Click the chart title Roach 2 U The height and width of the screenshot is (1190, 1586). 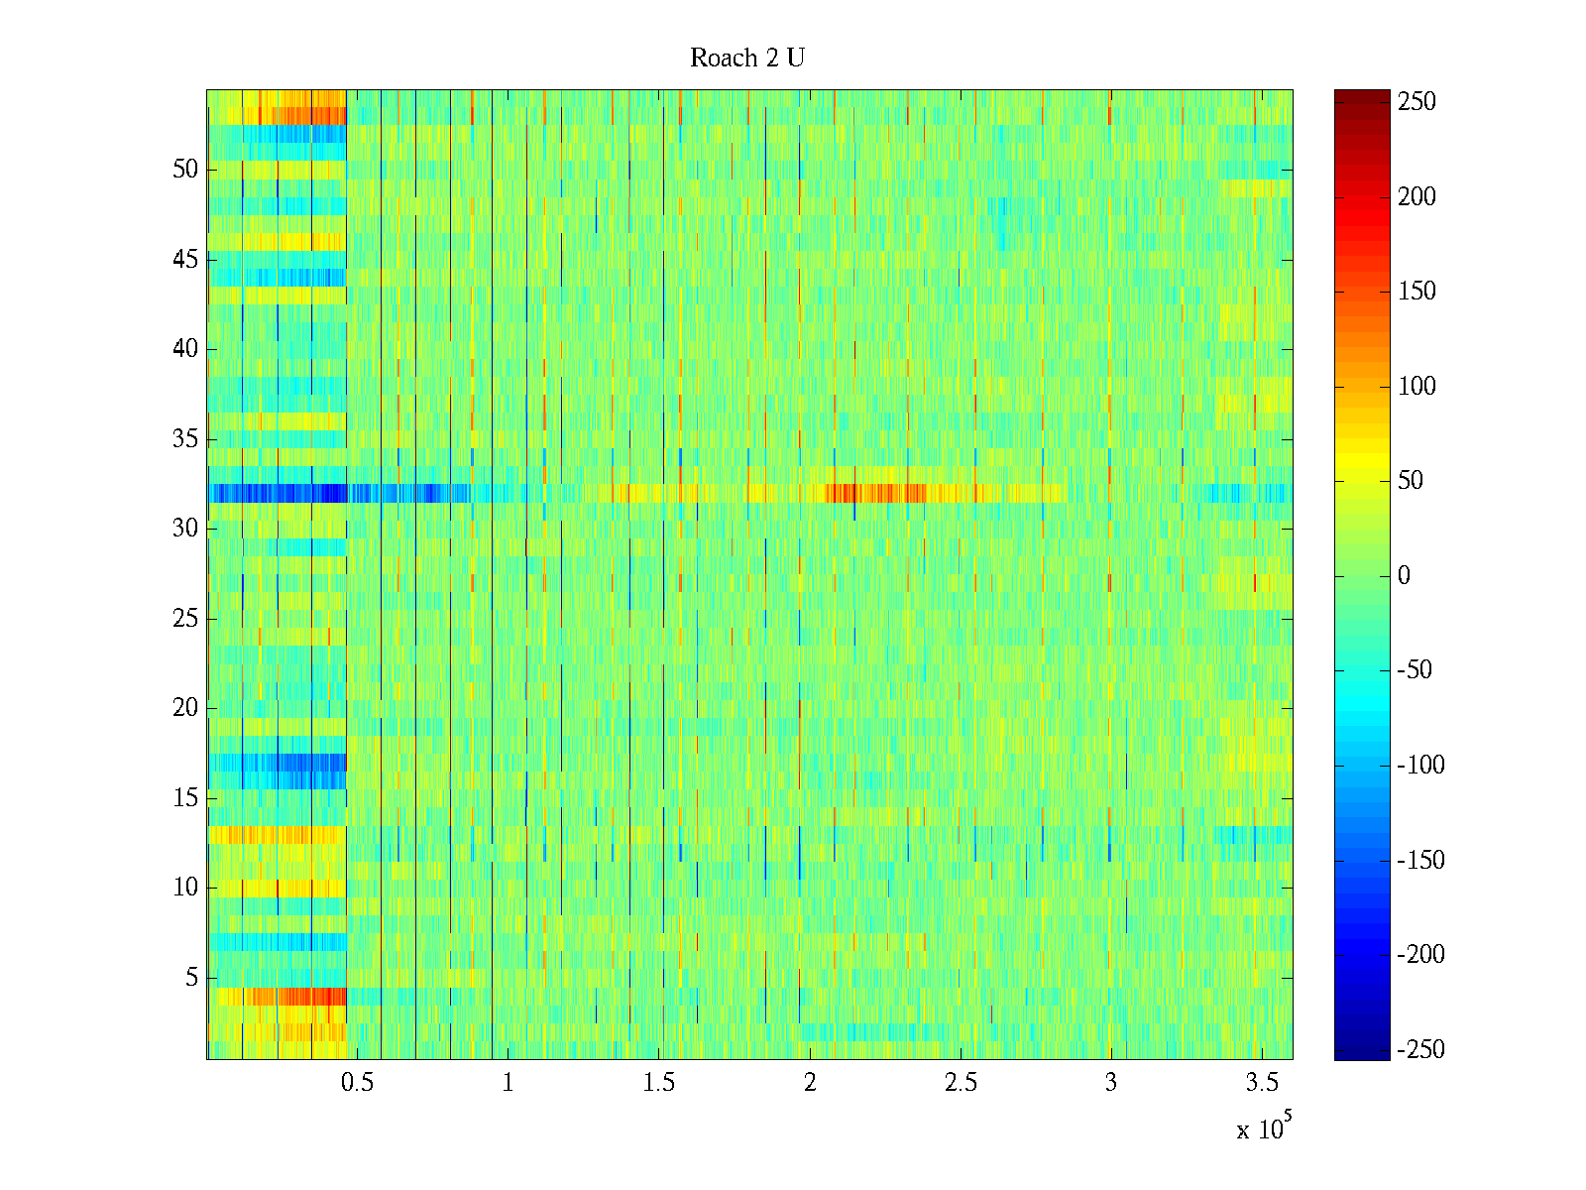coord(746,59)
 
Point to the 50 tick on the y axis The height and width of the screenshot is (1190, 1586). coord(185,170)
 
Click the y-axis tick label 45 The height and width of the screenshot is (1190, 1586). coord(185,260)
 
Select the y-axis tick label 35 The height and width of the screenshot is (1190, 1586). coord(185,439)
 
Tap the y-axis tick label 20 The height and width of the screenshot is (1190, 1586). coord(185,708)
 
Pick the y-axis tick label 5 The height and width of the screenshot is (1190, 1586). coord(191,978)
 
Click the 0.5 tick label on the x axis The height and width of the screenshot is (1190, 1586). coord(357,1082)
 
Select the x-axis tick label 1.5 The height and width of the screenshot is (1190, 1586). coord(658,1082)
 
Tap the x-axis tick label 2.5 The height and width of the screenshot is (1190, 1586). coord(960,1082)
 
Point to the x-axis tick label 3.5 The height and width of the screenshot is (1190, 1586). coord(1261,1082)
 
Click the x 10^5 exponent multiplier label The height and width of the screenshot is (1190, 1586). coord(1263,1129)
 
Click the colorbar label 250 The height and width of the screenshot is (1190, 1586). coord(1416,102)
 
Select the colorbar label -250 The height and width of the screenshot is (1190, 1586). coord(1420,1049)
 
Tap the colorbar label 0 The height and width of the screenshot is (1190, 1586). coord(1404,576)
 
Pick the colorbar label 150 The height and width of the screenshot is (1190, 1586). coord(1416,292)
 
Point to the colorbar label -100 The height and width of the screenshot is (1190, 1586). coord(1420,766)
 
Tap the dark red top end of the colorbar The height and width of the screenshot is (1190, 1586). coord(1362,96)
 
